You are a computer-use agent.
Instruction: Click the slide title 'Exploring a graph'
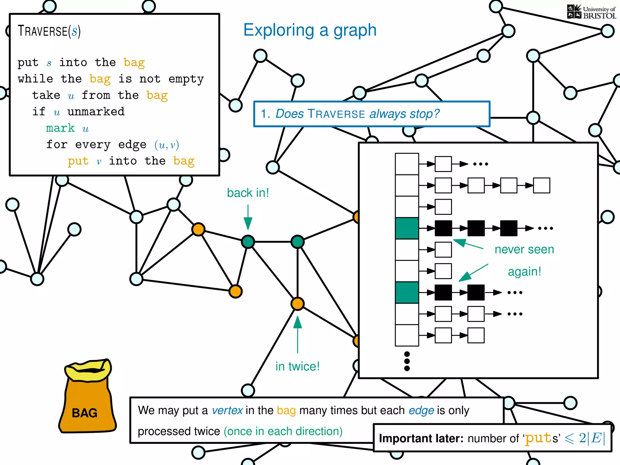click(x=310, y=30)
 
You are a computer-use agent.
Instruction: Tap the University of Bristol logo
click(x=591, y=12)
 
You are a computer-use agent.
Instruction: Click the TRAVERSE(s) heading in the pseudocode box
click(x=49, y=31)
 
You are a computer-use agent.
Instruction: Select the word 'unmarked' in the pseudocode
click(x=96, y=112)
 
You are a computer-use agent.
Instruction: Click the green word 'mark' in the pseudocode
click(x=60, y=128)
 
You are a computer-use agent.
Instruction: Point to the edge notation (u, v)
click(x=167, y=145)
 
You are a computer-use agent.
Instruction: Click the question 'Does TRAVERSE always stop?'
click(x=357, y=114)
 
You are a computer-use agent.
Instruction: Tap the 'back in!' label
click(x=248, y=193)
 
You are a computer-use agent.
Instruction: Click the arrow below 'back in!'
click(x=248, y=217)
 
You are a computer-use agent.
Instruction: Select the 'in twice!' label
click(x=297, y=366)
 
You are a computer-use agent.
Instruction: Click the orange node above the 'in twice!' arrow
click(x=297, y=304)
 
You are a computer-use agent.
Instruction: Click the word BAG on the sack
click(x=84, y=413)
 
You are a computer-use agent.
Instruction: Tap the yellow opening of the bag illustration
click(x=88, y=370)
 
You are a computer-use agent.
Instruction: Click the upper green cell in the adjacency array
click(x=407, y=228)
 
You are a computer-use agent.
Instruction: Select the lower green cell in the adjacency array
click(x=407, y=292)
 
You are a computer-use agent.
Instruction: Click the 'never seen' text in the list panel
click(x=524, y=249)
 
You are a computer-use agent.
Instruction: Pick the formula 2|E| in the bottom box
click(x=592, y=438)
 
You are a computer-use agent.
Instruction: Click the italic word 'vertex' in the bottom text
click(x=227, y=411)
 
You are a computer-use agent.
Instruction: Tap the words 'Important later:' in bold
click(x=421, y=438)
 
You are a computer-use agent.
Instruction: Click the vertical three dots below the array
click(x=407, y=361)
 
